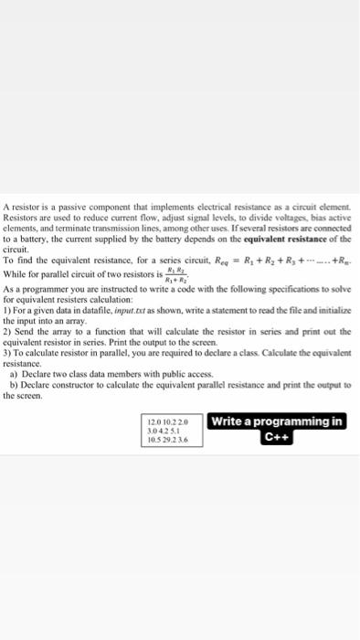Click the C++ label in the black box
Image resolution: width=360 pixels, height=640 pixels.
(x=276, y=436)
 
